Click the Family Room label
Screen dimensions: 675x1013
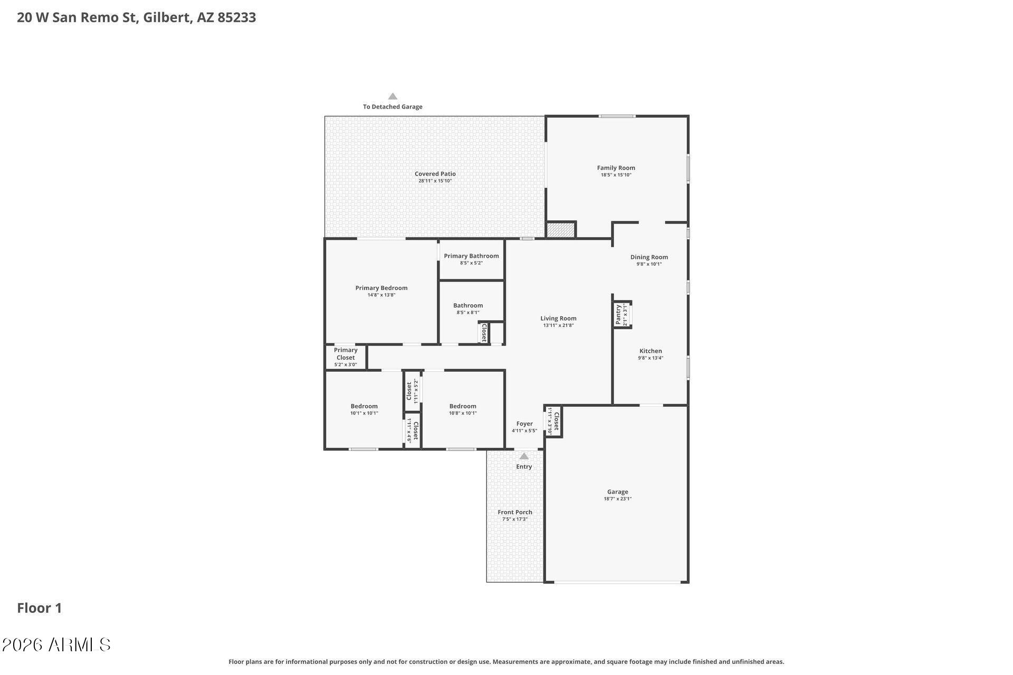616,168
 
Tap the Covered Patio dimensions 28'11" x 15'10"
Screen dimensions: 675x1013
435,181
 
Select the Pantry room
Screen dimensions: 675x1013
622,315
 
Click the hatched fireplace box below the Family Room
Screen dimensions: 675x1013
560,230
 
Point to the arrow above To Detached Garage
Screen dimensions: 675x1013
393,97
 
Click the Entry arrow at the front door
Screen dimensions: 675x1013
524,456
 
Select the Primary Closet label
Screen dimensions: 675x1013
346,354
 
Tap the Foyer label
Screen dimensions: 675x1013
524,423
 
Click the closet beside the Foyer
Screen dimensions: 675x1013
553,421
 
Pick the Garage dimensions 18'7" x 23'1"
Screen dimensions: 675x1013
617,499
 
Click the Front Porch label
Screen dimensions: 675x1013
514,512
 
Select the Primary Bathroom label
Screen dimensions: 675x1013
471,256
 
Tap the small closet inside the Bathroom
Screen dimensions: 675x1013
484,333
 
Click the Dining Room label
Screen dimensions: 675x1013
649,257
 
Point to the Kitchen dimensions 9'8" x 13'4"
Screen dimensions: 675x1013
650,358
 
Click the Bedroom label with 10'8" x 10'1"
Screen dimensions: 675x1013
462,406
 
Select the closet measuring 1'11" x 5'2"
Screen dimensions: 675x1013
412,391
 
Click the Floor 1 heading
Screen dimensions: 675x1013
40,608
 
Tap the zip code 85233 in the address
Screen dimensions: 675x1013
236,17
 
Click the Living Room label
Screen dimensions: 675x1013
558,318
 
